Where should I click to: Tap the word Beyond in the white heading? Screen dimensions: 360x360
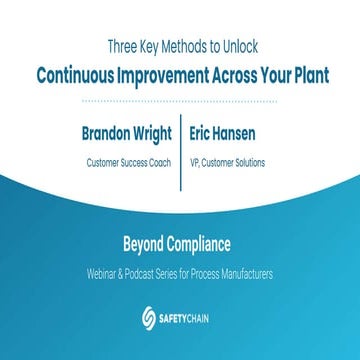coord(147,242)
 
